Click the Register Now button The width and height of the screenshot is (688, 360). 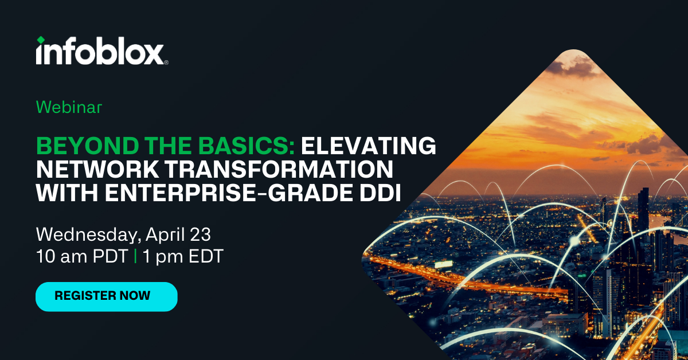tap(107, 296)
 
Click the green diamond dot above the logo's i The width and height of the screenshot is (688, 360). tap(41, 40)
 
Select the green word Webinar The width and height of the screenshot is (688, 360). tap(69, 107)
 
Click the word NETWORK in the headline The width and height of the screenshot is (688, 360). tap(97, 169)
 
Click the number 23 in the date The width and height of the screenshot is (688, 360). tap(200, 234)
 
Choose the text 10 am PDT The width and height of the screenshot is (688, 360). tap(82, 256)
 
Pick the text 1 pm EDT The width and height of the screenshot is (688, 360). tap(183, 256)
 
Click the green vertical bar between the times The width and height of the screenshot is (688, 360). tap(135, 256)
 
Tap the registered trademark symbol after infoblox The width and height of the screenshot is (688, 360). tap(166, 62)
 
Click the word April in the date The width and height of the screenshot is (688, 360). tap(165, 235)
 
